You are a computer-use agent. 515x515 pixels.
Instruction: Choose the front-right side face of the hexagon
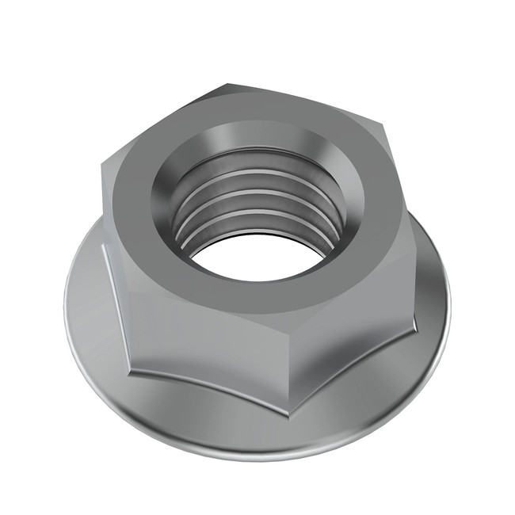357,317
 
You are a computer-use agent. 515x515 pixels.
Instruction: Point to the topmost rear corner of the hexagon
229,82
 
